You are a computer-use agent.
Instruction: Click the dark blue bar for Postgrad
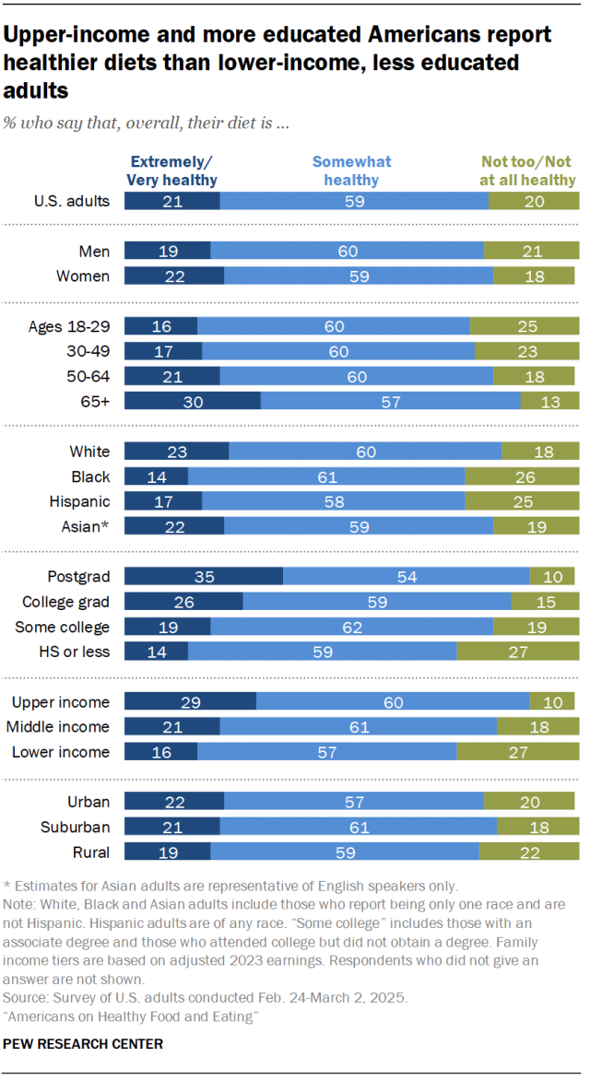[203, 576]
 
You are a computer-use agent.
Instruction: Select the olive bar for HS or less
[517, 652]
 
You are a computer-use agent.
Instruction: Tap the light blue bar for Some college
[351, 627]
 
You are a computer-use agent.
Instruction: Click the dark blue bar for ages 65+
[192, 401]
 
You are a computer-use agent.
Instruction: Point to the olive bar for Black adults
[522, 476]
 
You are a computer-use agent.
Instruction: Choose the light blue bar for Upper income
[393, 702]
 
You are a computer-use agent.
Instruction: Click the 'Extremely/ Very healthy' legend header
[171, 170]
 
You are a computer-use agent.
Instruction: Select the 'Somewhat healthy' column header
[351, 170]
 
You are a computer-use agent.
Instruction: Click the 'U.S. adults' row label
[72, 201]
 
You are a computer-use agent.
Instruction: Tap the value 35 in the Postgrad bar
[204, 576]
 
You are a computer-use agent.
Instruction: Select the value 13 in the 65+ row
[550, 401]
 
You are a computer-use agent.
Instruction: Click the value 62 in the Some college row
[351, 627]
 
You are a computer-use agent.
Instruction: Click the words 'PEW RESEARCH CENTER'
[84, 1044]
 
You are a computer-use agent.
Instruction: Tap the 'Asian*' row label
[89, 527]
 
